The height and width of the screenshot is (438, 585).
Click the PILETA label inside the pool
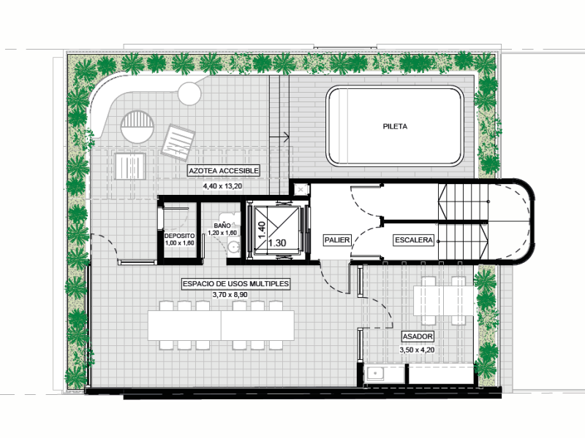coord(395,126)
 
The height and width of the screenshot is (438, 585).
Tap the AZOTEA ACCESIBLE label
coord(224,171)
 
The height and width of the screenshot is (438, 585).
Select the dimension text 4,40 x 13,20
coord(222,186)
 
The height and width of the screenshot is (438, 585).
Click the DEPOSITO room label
coord(179,236)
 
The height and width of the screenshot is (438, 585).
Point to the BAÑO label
coord(222,226)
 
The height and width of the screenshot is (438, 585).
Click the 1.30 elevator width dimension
coord(277,243)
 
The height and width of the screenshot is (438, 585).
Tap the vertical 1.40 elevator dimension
coord(262,231)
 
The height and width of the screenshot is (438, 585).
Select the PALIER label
coord(337,240)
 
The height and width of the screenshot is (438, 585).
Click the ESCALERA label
coord(414,240)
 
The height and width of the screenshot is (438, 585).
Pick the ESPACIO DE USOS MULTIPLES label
coord(235,284)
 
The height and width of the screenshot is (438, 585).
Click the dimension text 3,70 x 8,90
coord(230,295)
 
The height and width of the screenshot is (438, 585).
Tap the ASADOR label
coord(418,337)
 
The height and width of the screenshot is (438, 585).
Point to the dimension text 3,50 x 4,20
coord(417,350)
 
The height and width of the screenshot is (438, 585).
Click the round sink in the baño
coord(234,247)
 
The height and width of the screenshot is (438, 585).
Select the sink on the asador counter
coord(374,374)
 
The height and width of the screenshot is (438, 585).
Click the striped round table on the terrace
coord(137,126)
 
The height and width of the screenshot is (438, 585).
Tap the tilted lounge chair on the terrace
coord(178,142)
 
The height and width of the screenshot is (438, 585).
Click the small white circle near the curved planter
coord(189,93)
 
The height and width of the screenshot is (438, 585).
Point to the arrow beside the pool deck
coord(279,137)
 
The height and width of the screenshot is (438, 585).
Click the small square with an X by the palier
coord(301,190)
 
